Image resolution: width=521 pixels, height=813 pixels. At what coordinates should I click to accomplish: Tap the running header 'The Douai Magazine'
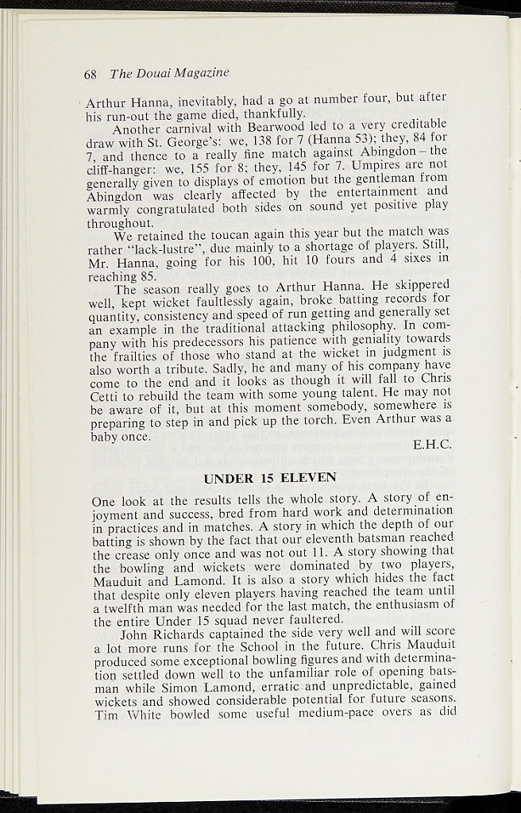click(x=169, y=73)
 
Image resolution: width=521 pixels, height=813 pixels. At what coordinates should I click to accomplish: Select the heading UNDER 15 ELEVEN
click(x=270, y=477)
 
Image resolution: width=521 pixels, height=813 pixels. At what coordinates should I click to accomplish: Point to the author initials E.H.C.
click(x=432, y=445)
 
